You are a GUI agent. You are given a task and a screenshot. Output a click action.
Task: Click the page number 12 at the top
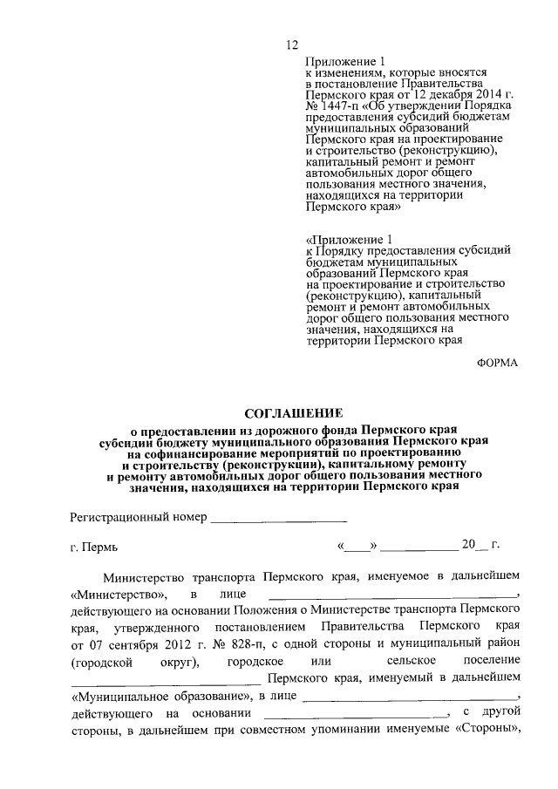(x=292, y=46)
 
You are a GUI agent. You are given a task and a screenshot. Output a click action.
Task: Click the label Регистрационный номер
(x=138, y=517)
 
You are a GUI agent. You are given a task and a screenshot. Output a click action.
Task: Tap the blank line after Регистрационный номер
(x=279, y=519)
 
